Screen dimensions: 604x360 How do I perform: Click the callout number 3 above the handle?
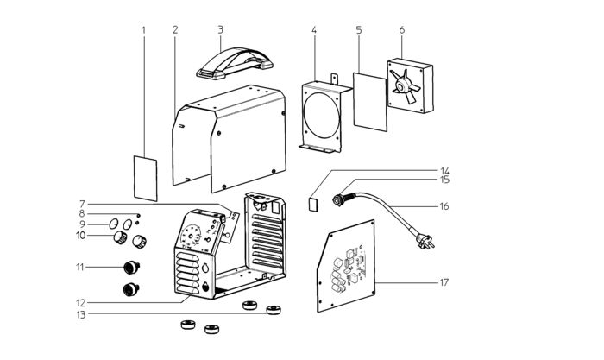[x=220, y=29]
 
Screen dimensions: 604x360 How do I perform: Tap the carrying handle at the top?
[x=235, y=63]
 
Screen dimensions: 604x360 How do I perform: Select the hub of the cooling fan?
[x=404, y=86]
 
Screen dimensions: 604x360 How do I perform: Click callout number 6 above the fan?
[x=402, y=29]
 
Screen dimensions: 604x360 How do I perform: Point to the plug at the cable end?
[x=425, y=241]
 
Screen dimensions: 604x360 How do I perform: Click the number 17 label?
[x=444, y=282]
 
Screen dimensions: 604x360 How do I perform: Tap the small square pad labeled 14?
[x=313, y=204]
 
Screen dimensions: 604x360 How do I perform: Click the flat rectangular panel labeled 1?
[x=145, y=178]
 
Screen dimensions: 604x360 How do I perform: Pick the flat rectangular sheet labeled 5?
[x=370, y=102]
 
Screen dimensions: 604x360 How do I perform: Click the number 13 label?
[x=80, y=314]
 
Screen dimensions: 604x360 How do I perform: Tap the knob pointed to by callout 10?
[x=120, y=237]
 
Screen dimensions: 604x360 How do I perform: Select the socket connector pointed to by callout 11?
[x=131, y=267]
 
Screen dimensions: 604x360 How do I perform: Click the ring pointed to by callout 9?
[x=113, y=224]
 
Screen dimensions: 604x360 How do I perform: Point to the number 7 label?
[x=82, y=204]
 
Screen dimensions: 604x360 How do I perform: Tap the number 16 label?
[x=444, y=206]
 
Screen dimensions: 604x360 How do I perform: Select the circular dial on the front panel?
[x=192, y=236]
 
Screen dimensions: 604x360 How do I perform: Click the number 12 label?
[x=80, y=303]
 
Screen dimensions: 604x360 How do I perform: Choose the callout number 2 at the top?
[x=175, y=29]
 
